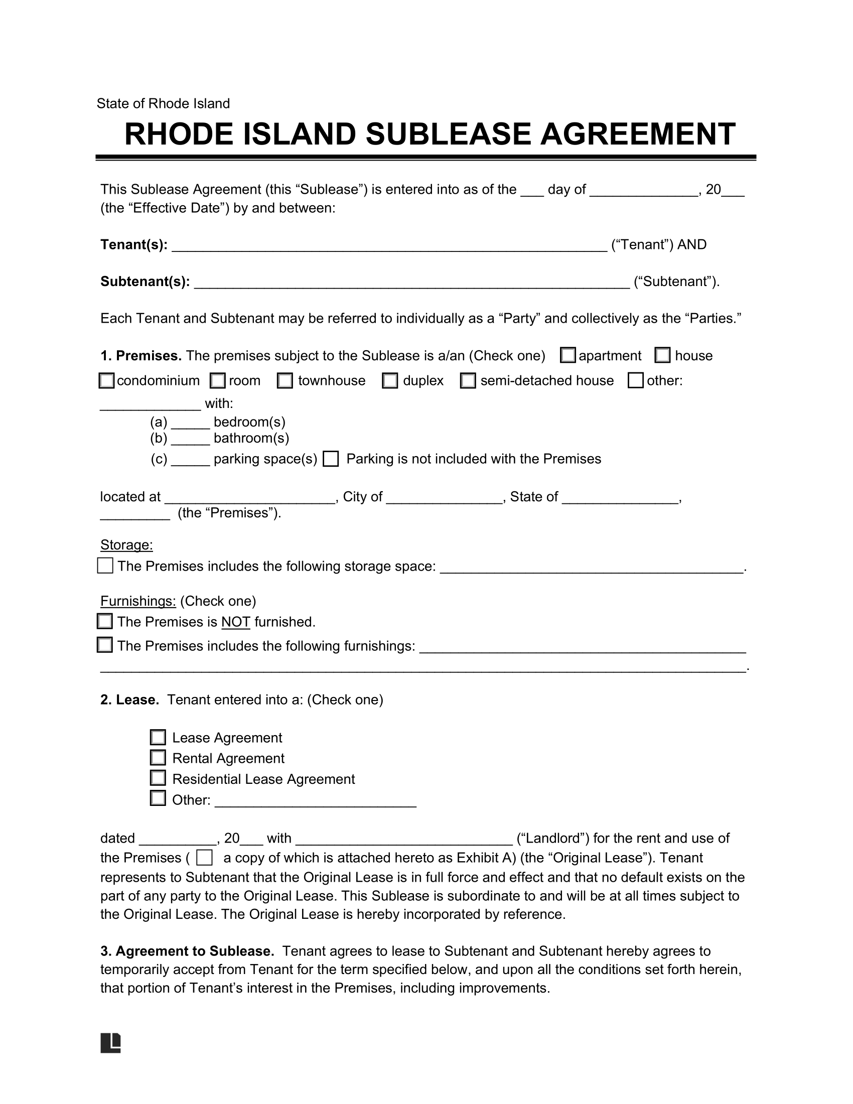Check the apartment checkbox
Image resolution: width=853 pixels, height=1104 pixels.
point(568,355)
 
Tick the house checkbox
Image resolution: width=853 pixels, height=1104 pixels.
point(662,355)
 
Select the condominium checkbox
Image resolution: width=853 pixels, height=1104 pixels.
point(106,381)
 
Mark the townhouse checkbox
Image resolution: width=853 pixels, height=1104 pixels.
point(285,381)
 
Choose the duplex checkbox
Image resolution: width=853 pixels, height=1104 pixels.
point(389,381)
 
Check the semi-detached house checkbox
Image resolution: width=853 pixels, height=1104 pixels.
point(468,381)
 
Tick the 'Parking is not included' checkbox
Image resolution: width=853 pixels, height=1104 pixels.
point(331,459)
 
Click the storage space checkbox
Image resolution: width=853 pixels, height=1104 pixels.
point(105,566)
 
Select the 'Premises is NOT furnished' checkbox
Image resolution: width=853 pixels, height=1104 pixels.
point(104,621)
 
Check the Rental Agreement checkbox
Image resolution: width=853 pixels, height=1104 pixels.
point(158,758)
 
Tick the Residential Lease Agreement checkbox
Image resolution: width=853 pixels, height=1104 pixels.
point(158,778)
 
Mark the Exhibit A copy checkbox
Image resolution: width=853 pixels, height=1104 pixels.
point(204,858)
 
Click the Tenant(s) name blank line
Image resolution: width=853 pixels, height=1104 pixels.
point(389,246)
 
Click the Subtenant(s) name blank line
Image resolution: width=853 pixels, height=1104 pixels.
point(412,283)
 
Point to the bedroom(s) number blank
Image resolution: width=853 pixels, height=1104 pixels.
point(190,423)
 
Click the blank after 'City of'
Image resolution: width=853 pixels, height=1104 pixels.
point(444,497)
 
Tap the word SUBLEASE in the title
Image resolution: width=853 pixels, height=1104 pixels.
point(448,134)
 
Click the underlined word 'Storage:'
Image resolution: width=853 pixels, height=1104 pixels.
point(126,545)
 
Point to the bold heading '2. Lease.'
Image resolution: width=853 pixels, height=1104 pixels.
point(130,700)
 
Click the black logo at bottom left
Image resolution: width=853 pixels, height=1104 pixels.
point(111,1043)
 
